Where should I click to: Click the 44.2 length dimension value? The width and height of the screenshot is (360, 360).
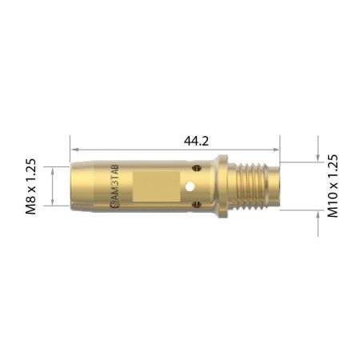click(x=174, y=141)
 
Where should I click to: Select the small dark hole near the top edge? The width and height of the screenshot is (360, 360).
click(x=195, y=167)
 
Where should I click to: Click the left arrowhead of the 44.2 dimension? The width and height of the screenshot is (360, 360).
click(x=74, y=150)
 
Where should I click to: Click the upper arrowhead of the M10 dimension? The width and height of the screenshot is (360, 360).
click(x=318, y=158)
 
